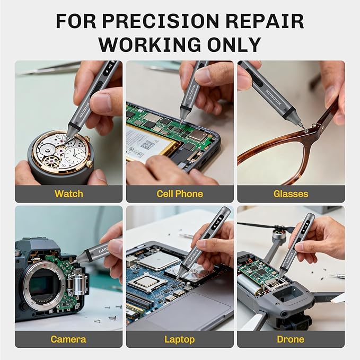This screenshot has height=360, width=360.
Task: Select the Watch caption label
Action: [x=68, y=194]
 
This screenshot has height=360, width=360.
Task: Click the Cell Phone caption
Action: [x=180, y=194]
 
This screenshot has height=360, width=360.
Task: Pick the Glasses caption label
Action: [x=291, y=194]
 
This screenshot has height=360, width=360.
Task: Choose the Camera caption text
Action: [x=68, y=339]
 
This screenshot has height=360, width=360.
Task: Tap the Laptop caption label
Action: [x=180, y=339]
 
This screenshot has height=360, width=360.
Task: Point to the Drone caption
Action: [x=291, y=339]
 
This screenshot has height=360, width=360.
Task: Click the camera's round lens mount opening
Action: [x=44, y=285]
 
